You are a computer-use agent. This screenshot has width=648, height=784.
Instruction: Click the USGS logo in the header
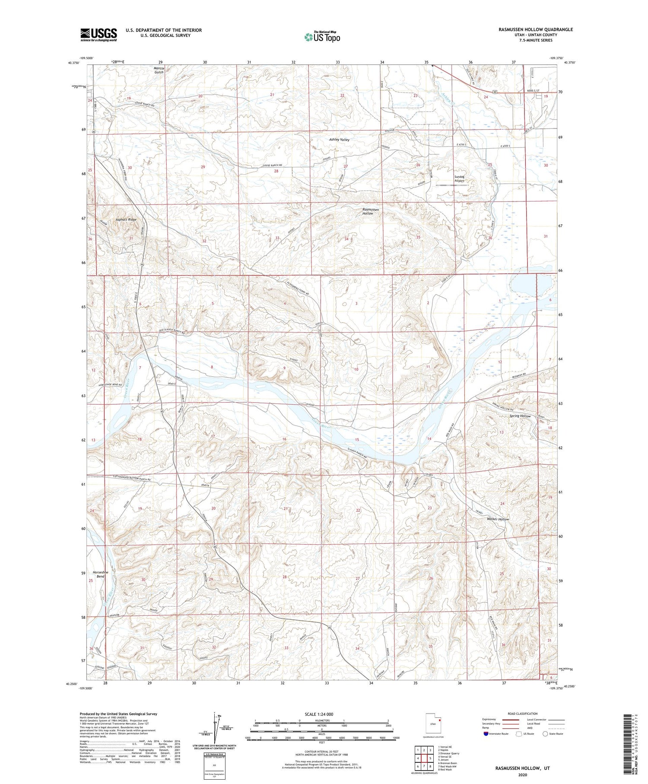point(98,35)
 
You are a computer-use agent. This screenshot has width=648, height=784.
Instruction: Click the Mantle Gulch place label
point(159,70)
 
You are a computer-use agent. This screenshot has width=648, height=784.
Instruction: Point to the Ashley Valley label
point(339,140)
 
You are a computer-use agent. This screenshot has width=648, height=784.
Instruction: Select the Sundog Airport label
point(459,179)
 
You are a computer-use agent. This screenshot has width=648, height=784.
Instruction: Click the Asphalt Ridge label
point(126,220)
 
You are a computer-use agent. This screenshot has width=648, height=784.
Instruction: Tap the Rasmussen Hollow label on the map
point(371,211)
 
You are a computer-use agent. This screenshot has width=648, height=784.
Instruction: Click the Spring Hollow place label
point(520,416)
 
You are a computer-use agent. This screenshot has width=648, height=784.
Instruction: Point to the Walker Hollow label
point(498,519)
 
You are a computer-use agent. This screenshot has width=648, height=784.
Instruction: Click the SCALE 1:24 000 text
point(321,714)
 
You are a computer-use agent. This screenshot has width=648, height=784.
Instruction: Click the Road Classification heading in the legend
point(523,714)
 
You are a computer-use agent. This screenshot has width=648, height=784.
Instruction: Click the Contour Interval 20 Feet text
point(321,752)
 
